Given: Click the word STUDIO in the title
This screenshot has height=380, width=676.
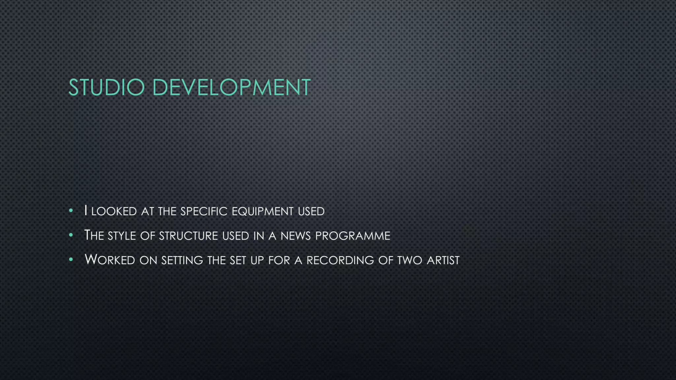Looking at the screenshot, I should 106,87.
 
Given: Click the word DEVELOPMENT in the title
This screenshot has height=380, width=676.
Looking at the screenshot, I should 231,87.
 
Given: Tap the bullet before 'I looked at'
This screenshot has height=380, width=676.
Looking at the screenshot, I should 71,210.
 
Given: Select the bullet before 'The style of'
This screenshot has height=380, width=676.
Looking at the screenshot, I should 71,235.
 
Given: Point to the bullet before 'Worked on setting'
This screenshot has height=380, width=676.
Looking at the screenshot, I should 71,260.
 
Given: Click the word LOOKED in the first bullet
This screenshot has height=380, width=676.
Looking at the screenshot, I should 114,211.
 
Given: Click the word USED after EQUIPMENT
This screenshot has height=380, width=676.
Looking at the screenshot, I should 311,211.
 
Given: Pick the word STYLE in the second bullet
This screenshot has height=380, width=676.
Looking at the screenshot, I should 122,236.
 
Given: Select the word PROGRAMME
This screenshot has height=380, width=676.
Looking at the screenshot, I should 353,236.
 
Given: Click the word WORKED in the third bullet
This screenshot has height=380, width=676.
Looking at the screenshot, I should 110,260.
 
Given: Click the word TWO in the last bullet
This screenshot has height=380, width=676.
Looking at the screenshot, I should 410,260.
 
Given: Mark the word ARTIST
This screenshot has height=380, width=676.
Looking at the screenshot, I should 443,260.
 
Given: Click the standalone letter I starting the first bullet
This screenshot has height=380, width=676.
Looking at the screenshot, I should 86,210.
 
